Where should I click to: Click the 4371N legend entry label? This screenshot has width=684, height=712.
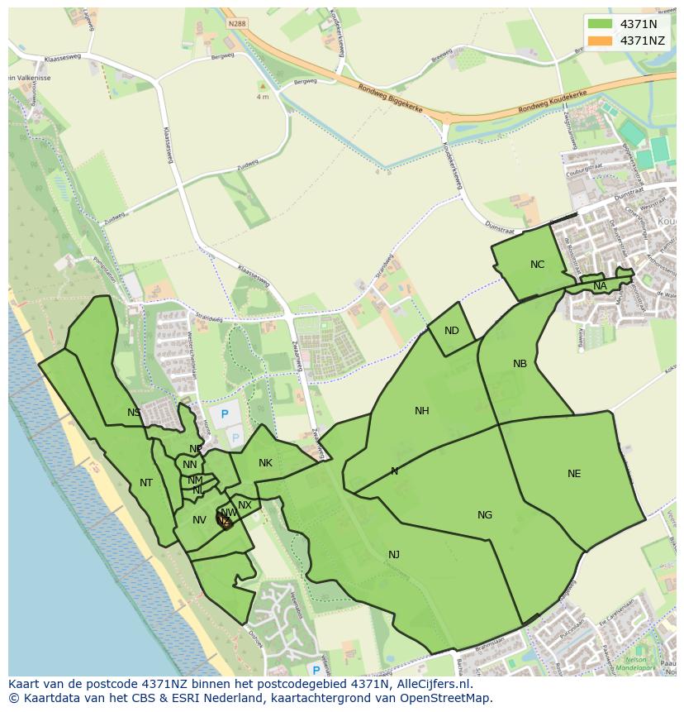click(638, 24)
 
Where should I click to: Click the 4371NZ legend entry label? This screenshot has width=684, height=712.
click(642, 41)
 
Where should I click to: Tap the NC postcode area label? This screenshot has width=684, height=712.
click(538, 265)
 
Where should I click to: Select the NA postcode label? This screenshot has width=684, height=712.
click(600, 286)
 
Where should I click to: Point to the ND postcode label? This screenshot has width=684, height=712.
click(451, 331)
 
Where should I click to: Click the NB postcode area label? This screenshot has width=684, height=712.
click(520, 364)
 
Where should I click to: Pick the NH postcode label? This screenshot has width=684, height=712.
click(422, 411)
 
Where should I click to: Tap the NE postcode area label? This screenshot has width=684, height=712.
click(574, 474)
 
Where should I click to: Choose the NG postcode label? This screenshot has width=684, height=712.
click(485, 515)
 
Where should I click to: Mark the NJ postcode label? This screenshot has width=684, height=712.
click(394, 554)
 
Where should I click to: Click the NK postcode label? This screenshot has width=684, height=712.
click(265, 463)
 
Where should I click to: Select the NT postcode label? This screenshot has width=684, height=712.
click(146, 483)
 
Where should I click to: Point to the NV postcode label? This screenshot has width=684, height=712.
click(199, 520)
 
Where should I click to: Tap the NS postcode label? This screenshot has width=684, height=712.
click(134, 412)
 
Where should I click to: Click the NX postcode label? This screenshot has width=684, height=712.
click(245, 505)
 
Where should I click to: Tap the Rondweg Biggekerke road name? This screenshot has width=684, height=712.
click(391, 98)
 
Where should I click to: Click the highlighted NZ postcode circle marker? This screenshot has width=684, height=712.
click(224, 519)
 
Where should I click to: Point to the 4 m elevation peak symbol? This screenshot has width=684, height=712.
click(263, 85)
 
